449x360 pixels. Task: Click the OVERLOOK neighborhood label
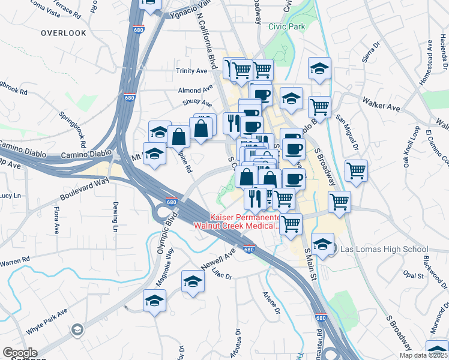(x=64, y=33)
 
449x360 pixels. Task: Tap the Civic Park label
(x=287, y=26)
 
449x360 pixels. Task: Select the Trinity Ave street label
(x=191, y=71)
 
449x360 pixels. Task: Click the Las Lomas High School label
(x=384, y=249)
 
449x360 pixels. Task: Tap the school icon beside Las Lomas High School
(x=322, y=244)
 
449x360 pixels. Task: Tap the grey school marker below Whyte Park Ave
(x=77, y=329)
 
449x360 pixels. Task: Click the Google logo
(x=20, y=353)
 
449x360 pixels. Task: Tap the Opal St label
(x=414, y=275)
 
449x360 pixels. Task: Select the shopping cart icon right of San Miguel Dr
(x=356, y=171)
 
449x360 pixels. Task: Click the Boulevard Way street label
(x=85, y=188)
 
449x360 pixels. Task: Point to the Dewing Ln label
(x=115, y=217)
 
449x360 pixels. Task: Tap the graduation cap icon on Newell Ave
(x=193, y=281)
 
